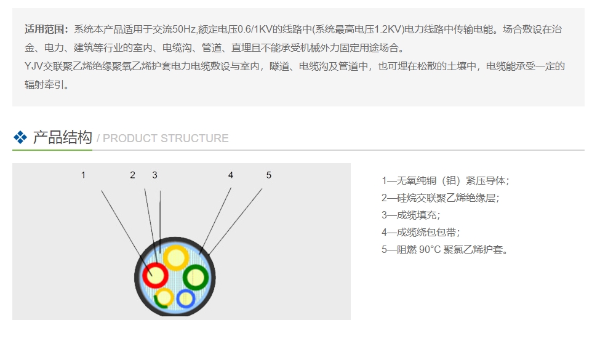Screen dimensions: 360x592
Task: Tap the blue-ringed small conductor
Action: (x=185, y=298)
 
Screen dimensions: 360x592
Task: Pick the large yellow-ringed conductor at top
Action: (x=175, y=258)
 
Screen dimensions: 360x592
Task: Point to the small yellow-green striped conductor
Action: (x=164, y=298)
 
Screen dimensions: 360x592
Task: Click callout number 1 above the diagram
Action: (x=83, y=175)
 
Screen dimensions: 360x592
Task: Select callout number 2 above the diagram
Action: (x=132, y=175)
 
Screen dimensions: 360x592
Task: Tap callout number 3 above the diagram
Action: (x=154, y=175)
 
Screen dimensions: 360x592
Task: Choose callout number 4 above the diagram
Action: (x=231, y=175)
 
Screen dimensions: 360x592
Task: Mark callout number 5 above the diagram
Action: (x=268, y=175)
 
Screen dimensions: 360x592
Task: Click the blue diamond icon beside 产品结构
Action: (x=20, y=138)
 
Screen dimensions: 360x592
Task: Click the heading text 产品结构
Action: (x=62, y=137)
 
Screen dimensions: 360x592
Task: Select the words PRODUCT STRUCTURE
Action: (x=165, y=138)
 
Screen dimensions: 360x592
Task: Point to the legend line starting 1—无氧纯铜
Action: (x=445, y=181)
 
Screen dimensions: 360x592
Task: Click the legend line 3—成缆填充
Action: (x=410, y=215)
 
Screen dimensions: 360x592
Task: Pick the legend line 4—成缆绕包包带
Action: (x=420, y=233)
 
